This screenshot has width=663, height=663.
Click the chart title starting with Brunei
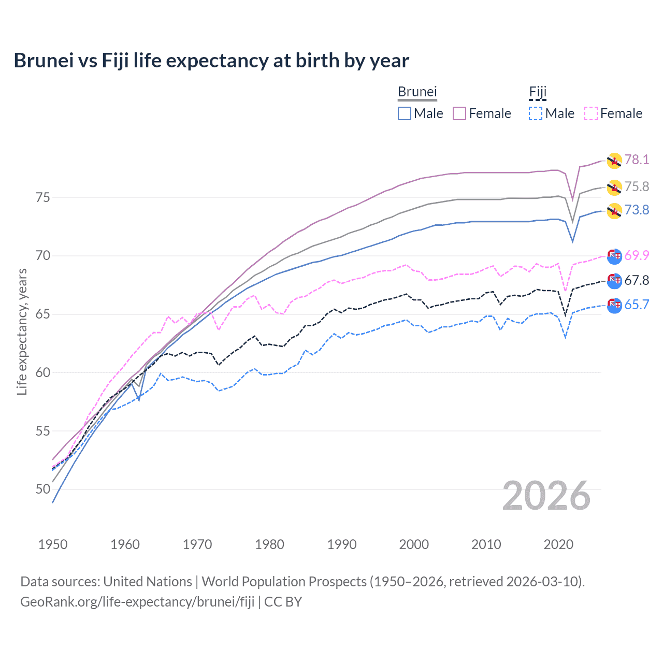[211, 61]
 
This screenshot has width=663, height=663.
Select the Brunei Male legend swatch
[405, 113]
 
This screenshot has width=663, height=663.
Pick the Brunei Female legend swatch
[459, 113]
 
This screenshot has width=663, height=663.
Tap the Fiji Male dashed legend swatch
[536, 113]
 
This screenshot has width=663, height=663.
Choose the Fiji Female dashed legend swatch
[591, 113]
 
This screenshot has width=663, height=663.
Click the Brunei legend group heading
[417, 92]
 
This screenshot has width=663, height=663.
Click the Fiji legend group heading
[538, 92]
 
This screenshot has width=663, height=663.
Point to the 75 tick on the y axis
[43, 198]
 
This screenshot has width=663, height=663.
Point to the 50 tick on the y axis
[43, 489]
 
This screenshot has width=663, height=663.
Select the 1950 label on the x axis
[53, 544]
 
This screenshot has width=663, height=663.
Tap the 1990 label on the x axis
[342, 544]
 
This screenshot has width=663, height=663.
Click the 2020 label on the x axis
[558, 544]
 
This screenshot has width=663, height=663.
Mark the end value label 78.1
[637, 160]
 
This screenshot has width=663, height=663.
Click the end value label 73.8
[637, 210]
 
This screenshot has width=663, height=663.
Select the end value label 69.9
[637, 255]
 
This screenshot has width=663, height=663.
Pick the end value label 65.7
[637, 305]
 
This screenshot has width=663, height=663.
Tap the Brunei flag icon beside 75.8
[614, 187]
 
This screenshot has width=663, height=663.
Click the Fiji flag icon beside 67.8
[614, 281]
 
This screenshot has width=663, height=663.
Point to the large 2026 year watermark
[546, 496]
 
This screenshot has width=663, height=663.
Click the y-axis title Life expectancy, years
[22, 331]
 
